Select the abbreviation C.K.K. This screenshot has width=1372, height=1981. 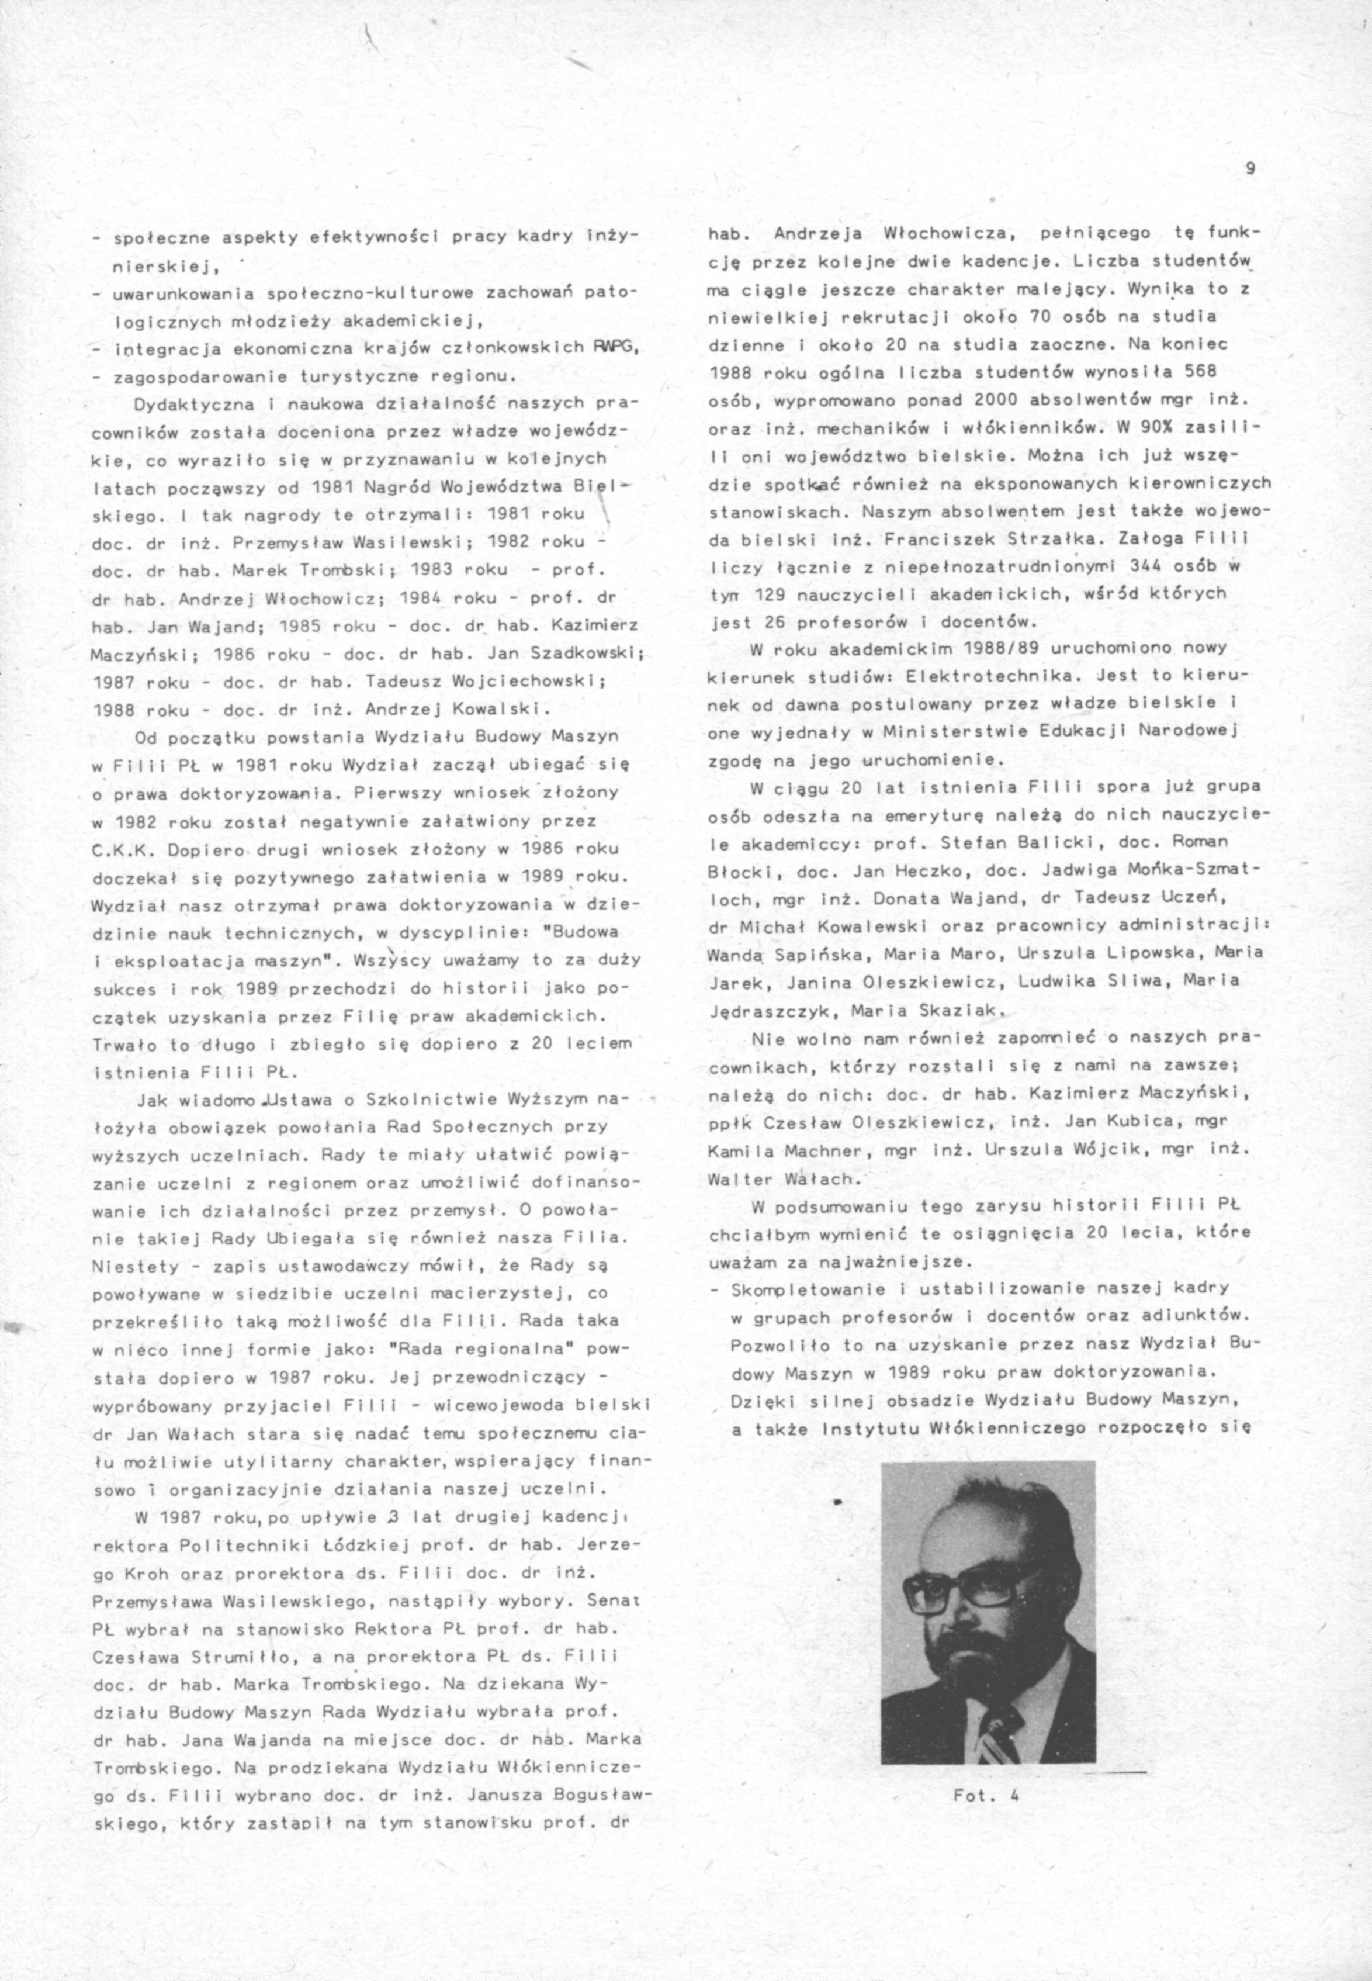click(x=120, y=849)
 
